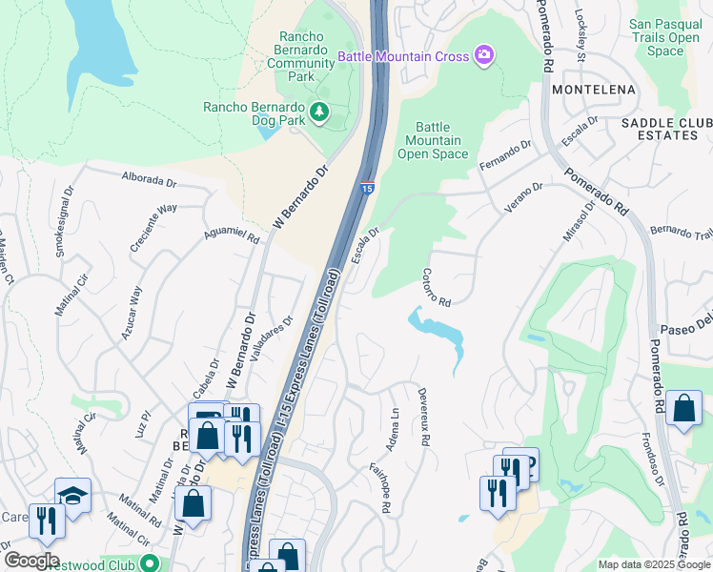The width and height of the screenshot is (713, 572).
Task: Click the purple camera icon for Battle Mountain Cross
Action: pos(484,55)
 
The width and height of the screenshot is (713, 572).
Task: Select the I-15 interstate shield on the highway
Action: pos(367,188)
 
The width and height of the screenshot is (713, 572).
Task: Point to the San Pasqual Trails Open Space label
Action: pos(665,37)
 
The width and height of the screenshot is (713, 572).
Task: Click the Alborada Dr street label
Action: pos(150,177)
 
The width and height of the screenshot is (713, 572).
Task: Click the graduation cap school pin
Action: pos(72,494)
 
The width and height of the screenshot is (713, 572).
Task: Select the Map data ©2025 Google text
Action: pos(653,564)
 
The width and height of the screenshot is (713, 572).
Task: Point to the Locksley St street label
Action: pos(581,35)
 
